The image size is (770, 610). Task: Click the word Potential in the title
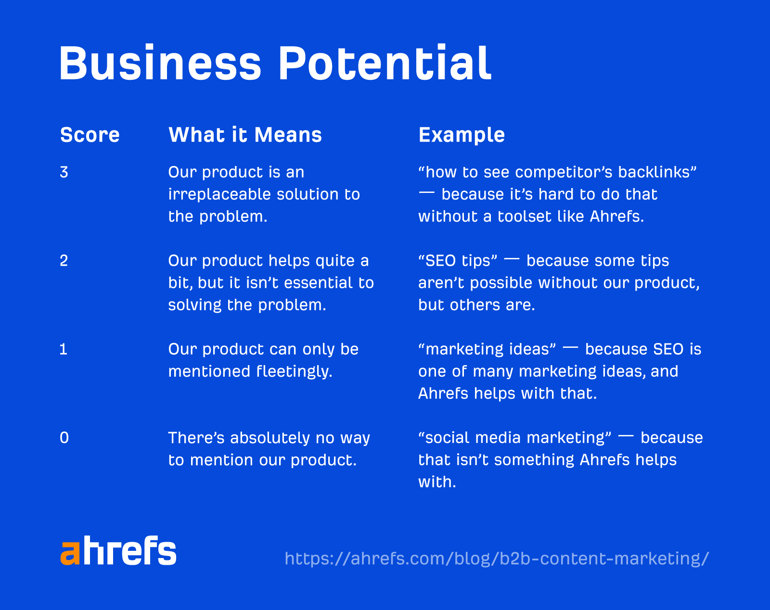click(x=385, y=64)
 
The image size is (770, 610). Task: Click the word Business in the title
click(x=160, y=64)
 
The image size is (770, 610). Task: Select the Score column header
click(x=90, y=135)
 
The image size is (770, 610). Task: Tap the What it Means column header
click(x=245, y=135)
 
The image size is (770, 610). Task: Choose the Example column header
click(x=462, y=135)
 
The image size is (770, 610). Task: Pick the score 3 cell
click(x=64, y=172)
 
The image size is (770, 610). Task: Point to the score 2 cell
click(x=64, y=261)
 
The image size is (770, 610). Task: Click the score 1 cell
click(x=64, y=349)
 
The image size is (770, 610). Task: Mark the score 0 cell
click(x=64, y=438)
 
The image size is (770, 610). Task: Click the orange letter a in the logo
click(x=70, y=553)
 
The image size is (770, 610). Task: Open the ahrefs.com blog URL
click(x=497, y=559)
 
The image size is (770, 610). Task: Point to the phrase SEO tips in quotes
click(x=458, y=261)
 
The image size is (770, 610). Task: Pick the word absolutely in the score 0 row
click(x=269, y=438)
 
